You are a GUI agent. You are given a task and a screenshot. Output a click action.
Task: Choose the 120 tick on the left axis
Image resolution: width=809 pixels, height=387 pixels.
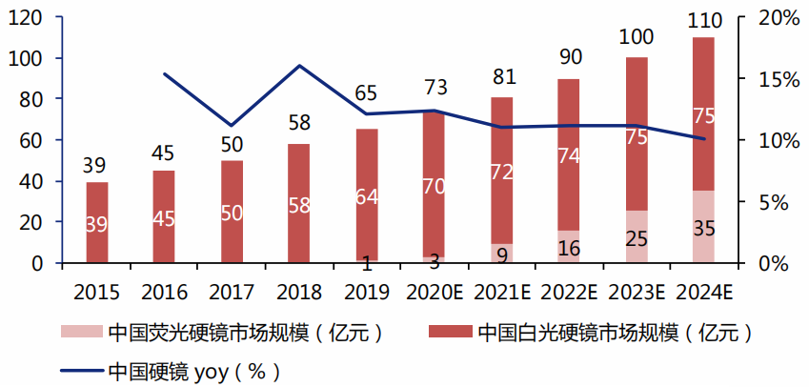point(30,18)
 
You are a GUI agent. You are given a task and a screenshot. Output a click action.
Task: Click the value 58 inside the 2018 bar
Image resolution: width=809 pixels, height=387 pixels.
point(299,206)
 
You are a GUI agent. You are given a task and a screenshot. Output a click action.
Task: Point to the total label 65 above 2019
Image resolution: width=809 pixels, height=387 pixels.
point(367,94)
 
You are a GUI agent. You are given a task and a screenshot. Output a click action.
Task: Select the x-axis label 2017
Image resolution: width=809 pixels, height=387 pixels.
point(232,287)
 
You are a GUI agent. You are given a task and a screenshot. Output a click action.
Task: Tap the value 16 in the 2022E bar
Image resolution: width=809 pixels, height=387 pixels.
point(569,249)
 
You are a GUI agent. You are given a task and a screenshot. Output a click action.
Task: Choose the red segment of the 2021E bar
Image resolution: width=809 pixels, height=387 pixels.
point(501,172)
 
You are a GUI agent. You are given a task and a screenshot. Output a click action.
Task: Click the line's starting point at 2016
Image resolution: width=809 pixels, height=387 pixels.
point(164,74)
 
